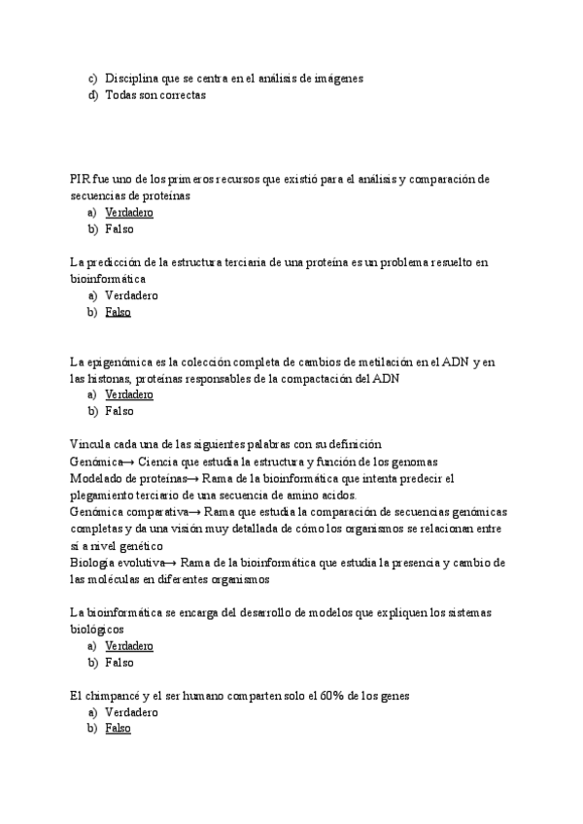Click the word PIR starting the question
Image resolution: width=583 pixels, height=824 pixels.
coord(81,179)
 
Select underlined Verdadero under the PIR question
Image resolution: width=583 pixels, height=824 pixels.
coord(129,213)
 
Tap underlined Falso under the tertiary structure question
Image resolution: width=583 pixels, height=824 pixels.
coord(119,312)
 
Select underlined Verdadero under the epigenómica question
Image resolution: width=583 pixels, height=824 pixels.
coord(129,395)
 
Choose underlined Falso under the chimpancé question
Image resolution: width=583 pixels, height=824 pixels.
coord(119,729)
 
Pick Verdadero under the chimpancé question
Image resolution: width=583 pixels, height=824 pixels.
coord(131,712)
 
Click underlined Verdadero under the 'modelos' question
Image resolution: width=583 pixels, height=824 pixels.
coord(129,646)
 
